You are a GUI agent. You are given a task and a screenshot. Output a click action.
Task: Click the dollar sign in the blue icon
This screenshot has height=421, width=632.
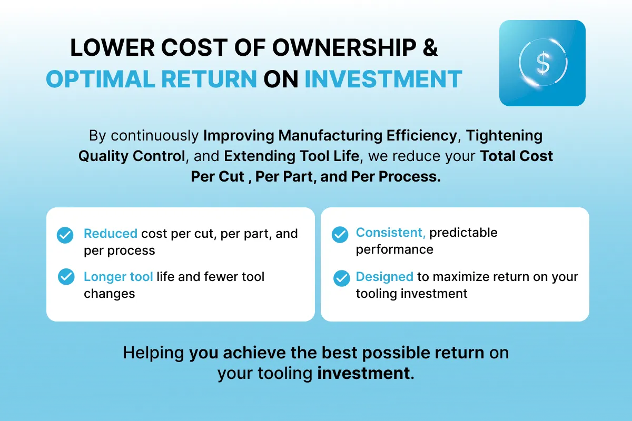coord(543,63)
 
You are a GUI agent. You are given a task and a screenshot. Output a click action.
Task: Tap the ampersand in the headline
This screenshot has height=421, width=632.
coord(430,47)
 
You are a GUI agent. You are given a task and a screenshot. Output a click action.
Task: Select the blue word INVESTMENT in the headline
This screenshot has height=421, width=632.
coord(383,79)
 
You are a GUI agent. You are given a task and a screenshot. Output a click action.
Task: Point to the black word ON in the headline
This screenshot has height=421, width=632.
coord(281,79)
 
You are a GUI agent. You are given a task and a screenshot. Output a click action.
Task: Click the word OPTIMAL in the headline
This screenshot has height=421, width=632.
coord(101,79)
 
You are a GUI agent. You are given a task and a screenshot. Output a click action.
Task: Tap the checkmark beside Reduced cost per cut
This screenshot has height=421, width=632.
coord(65,235)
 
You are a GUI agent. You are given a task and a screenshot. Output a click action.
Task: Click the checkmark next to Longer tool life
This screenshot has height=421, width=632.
coord(66,277)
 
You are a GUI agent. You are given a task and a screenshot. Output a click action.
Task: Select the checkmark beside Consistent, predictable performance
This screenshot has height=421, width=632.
coord(340,234)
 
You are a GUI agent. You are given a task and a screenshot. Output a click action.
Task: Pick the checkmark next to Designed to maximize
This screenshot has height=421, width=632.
coord(341,278)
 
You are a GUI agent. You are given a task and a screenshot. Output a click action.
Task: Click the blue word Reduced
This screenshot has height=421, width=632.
coord(111,234)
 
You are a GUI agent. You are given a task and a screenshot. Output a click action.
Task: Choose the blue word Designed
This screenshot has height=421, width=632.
coord(384,277)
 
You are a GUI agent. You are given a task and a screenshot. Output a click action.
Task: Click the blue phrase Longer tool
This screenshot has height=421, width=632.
coord(118,277)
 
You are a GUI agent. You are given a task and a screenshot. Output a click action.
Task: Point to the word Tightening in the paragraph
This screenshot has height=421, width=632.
coord(504,136)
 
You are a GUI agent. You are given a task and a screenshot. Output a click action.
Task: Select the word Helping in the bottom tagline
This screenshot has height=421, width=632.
coord(153,353)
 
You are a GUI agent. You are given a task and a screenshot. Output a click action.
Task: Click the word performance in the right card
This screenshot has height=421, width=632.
coord(394,250)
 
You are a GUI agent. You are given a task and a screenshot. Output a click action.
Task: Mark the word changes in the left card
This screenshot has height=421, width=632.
coord(110,294)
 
